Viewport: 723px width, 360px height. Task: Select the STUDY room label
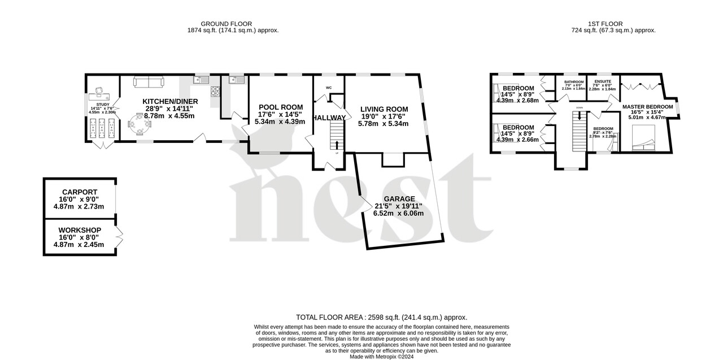pyautogui.click(x=102, y=105)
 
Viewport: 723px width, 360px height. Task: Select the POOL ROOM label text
pyautogui.click(x=281, y=107)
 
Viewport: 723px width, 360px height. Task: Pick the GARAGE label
pyautogui.click(x=399, y=199)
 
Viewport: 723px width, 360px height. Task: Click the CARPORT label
pyautogui.click(x=79, y=192)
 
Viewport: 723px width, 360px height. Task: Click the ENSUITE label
pyautogui.click(x=602, y=82)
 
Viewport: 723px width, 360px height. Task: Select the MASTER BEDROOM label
pyautogui.click(x=647, y=107)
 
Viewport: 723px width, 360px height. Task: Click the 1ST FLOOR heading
pyautogui.click(x=605, y=24)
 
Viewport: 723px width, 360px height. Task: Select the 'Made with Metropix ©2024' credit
pyautogui.click(x=381, y=357)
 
